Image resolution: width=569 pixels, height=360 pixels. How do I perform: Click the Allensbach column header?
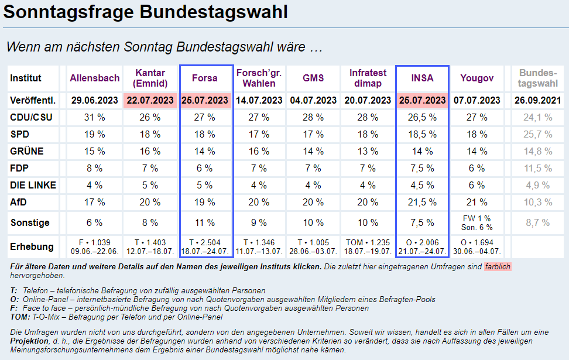point(94,78)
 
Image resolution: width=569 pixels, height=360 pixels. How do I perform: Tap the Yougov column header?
point(477,78)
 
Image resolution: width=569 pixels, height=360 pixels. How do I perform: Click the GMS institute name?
point(313,78)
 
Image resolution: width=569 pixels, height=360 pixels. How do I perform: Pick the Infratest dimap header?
point(368,78)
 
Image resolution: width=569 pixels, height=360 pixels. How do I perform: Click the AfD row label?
point(19,203)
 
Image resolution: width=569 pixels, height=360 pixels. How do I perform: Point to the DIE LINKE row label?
point(33,186)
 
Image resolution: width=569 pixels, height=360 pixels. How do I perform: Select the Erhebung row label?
point(32,246)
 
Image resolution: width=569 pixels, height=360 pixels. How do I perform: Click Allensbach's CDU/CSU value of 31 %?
point(94,118)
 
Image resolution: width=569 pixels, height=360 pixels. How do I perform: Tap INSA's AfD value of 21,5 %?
point(422,203)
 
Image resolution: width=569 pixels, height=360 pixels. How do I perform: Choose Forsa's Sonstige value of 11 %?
point(204,223)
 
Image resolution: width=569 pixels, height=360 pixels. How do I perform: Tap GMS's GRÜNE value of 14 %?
point(313,152)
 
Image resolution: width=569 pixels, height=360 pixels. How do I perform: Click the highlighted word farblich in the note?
point(497,267)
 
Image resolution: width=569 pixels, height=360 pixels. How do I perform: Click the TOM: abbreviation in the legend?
point(20,317)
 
